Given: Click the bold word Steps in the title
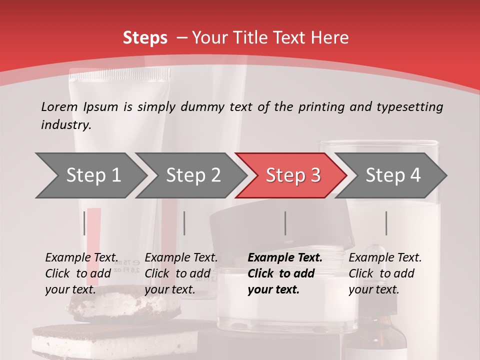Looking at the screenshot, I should (x=145, y=38).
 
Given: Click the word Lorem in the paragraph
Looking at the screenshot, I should (x=59, y=106).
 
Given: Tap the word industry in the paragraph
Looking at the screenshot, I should (x=66, y=124).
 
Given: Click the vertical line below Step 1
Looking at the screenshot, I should (x=84, y=223).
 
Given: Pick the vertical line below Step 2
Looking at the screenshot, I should (x=184, y=223).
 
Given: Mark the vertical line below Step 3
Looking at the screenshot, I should (x=285, y=223).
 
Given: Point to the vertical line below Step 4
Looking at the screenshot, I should (x=386, y=223).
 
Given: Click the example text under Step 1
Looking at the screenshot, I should (x=81, y=273).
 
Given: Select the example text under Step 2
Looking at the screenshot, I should (x=181, y=273).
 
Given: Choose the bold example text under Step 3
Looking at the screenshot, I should (x=284, y=273).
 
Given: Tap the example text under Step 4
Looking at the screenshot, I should (x=385, y=273).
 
